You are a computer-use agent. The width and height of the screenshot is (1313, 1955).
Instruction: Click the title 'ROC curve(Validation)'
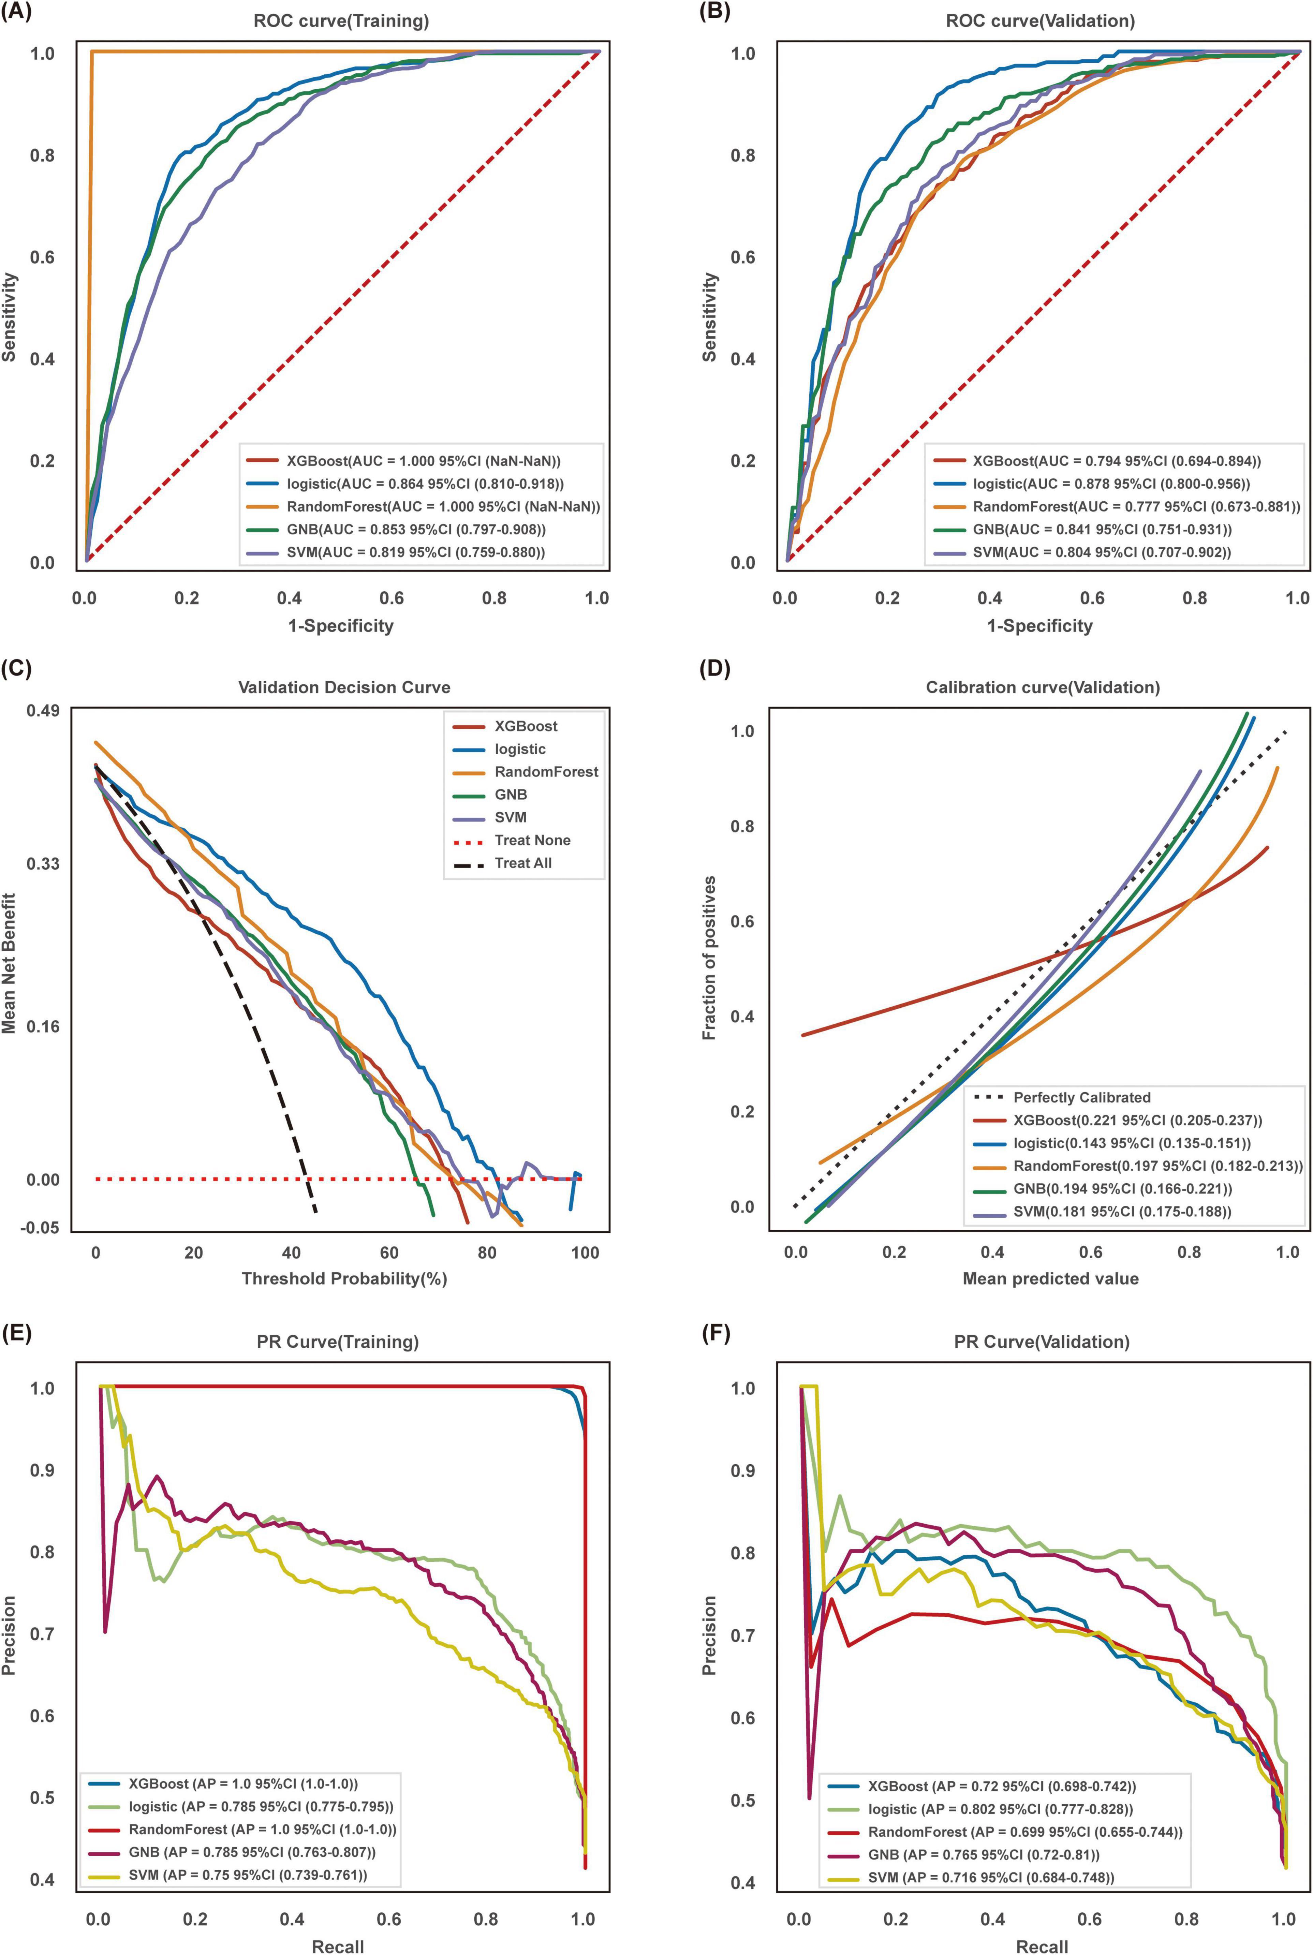[x=1040, y=22]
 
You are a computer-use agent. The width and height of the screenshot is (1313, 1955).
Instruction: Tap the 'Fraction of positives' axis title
[x=709, y=958]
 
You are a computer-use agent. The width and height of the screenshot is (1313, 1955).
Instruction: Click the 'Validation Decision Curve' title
[x=344, y=687]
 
